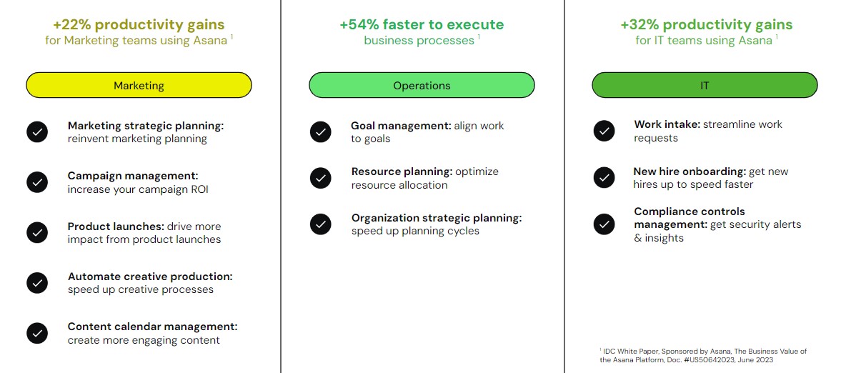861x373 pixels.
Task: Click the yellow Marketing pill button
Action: coord(139,85)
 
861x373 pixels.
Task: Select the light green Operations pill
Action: coord(422,85)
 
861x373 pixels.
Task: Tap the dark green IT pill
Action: coord(705,85)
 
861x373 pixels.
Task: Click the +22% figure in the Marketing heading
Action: coord(72,24)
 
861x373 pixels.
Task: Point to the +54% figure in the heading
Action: coord(359,24)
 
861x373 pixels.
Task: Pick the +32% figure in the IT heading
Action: coord(639,24)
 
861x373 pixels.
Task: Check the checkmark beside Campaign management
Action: coord(37,182)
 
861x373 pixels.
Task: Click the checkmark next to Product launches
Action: coord(37,232)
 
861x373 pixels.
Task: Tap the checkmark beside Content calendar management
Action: coord(37,333)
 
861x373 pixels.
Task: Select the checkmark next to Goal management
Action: coord(321,132)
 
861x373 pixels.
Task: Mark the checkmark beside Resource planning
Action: coord(321,178)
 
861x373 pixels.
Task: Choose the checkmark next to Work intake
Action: coord(604,131)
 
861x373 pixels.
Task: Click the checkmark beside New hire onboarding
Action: coord(604,177)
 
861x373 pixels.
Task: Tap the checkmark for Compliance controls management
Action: coord(604,224)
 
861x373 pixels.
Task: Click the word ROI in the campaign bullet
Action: coord(199,189)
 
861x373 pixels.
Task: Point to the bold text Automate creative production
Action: coord(150,277)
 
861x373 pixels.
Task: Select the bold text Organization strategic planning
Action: coord(437,218)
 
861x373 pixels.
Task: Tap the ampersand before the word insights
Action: coord(638,238)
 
